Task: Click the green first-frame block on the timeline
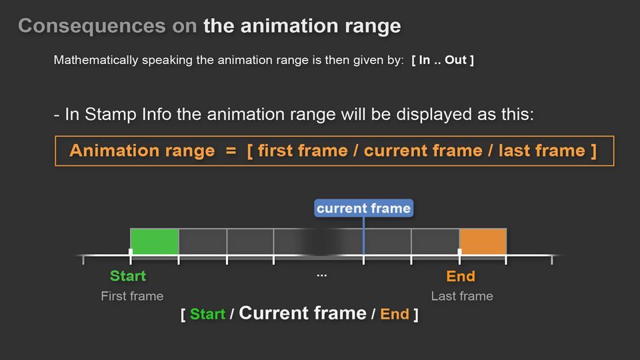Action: [155, 241]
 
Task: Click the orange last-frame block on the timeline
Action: [483, 241]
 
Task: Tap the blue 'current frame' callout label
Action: [364, 208]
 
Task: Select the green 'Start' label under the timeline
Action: [128, 276]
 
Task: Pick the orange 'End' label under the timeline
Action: [461, 276]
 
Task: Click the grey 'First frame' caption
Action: [132, 296]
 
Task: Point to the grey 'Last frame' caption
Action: [462, 296]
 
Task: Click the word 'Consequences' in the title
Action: [92, 26]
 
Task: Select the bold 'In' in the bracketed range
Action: [425, 60]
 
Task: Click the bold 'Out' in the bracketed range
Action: [455, 60]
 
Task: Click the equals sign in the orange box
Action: [231, 151]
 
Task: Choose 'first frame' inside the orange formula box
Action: [303, 151]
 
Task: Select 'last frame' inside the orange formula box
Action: [542, 151]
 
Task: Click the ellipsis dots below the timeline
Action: [321, 276]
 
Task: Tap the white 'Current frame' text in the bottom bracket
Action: [303, 313]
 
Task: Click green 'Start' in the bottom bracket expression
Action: [207, 314]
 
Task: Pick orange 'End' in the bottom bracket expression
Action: [394, 314]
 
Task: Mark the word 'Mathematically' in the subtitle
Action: [96, 60]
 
